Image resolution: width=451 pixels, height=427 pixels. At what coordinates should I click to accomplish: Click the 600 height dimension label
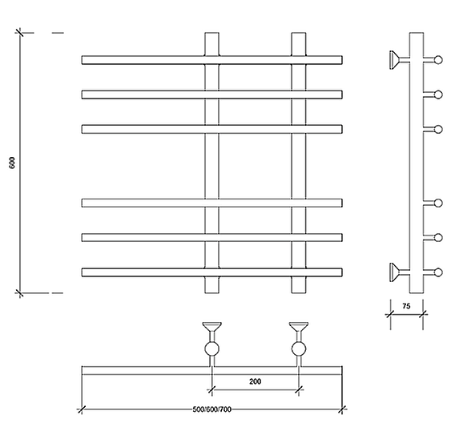click(12, 163)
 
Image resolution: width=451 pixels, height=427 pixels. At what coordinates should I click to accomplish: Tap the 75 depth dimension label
click(406, 306)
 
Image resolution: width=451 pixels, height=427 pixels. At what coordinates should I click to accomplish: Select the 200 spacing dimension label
click(255, 381)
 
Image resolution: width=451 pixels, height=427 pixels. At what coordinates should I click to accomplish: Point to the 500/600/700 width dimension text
click(212, 409)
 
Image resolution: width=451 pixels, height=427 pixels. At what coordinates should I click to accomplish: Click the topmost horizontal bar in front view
click(212, 60)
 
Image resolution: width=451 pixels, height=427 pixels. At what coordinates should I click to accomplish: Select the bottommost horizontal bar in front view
click(212, 272)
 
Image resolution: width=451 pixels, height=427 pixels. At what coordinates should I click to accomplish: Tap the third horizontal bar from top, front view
click(212, 129)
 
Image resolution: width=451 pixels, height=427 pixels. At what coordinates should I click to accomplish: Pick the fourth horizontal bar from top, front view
click(212, 203)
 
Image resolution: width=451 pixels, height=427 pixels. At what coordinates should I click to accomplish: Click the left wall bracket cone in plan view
click(212, 327)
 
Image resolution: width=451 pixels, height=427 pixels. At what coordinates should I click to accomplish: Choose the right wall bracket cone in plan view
click(299, 327)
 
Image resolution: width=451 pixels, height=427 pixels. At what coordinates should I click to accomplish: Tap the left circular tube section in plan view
click(212, 349)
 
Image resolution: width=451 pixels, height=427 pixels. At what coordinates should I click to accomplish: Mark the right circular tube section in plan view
click(299, 349)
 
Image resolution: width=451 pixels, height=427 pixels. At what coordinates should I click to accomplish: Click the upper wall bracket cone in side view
click(394, 60)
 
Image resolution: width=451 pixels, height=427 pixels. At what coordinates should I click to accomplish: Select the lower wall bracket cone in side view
click(394, 272)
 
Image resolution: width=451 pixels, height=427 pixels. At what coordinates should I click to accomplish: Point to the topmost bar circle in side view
click(438, 60)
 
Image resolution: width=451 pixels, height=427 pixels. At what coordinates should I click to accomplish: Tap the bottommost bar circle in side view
click(438, 272)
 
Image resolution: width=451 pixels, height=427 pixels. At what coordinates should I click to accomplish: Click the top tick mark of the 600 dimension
click(19, 33)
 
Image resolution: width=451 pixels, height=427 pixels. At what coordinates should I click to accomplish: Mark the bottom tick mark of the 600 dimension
click(19, 293)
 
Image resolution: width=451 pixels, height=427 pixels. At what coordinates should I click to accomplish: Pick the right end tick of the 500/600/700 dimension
click(342, 409)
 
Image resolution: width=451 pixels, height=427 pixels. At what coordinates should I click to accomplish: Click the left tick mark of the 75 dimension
click(390, 314)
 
